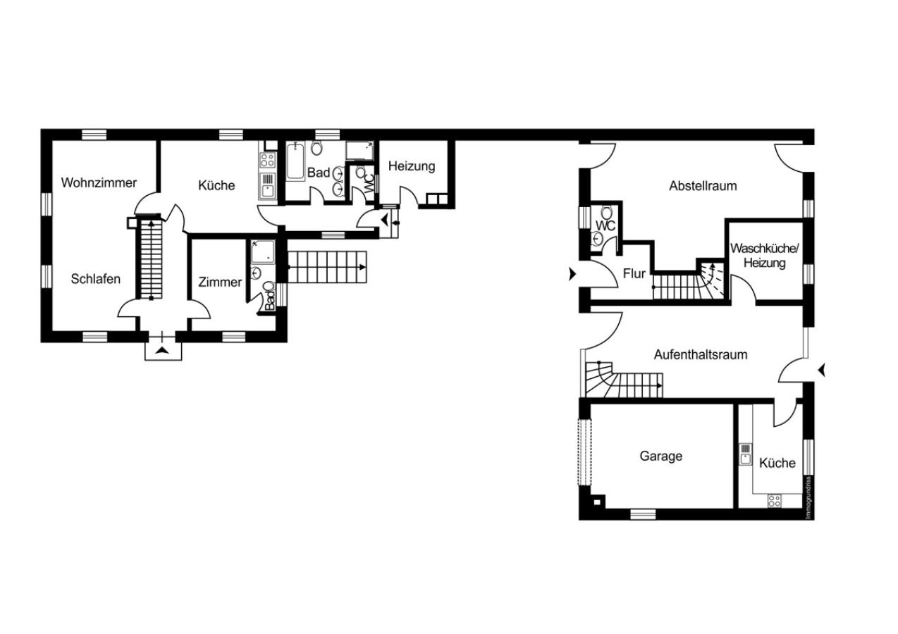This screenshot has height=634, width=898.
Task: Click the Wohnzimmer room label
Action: click(99, 182)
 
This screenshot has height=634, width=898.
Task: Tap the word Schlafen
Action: click(95, 279)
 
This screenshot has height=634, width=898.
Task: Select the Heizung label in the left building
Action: click(412, 166)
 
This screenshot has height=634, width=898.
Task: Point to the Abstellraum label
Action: click(703, 186)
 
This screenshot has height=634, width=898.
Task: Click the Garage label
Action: click(660, 456)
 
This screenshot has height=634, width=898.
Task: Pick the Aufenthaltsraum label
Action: click(701, 354)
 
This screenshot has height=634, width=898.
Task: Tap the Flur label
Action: click(634, 274)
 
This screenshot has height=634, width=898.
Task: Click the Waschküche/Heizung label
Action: click(764, 256)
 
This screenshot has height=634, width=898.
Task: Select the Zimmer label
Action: click(220, 282)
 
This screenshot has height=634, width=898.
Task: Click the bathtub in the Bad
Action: click(295, 161)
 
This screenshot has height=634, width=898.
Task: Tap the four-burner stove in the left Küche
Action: click(267, 161)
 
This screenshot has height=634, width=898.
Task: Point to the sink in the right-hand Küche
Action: click(745, 454)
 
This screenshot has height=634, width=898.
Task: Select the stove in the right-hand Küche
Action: click(775, 501)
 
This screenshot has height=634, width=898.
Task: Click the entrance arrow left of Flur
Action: click(572, 274)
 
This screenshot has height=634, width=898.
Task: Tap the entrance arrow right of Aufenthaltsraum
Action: click(821, 370)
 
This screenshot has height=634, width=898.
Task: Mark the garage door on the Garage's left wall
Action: click(584, 452)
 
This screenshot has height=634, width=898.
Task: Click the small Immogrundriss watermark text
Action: click(808, 498)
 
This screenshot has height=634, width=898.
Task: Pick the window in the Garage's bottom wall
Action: click(643, 514)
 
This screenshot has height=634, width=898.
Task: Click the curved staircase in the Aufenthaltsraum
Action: click(624, 380)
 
